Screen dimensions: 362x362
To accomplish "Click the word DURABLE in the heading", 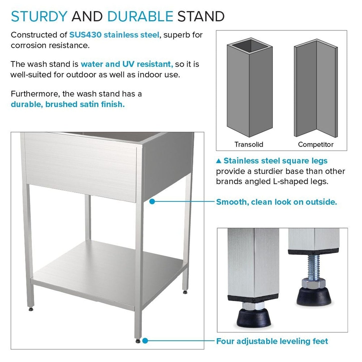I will pos(140,17).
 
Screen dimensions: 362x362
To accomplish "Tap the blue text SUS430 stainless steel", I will pos(114,35).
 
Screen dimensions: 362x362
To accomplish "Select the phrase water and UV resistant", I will pos(127,64).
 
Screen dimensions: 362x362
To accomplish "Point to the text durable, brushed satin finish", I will pos(68,104).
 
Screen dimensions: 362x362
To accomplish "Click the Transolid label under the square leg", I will pos(249,144).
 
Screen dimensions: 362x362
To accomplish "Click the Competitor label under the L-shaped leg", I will pos(316,144).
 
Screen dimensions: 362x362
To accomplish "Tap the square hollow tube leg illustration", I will pos(249,88).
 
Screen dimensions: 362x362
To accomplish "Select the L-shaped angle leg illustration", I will pos(316,88).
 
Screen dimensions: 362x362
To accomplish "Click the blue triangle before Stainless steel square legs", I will pos(219,161).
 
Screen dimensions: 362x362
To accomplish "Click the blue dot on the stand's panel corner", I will pos(152,201).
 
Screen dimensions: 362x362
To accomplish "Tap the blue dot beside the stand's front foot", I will pos(145,341).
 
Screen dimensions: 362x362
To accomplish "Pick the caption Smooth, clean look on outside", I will pos(277,202).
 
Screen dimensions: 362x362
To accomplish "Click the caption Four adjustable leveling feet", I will pos(272,341).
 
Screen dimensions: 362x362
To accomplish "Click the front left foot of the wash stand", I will pos(31,309).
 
